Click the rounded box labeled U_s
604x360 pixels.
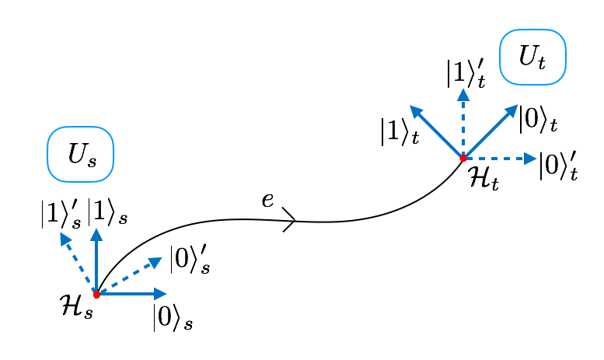click(x=80, y=154)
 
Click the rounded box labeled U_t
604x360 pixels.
click(x=532, y=57)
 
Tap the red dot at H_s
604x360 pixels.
click(x=96, y=295)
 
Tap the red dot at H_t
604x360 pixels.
click(x=463, y=159)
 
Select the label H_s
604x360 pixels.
click(x=76, y=306)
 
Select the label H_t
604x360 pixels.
click(x=483, y=179)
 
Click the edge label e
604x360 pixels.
click(x=267, y=200)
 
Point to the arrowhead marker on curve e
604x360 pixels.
click(x=290, y=220)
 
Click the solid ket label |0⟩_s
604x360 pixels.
click(x=172, y=317)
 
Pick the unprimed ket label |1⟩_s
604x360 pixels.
click(x=107, y=211)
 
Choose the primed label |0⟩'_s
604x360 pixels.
click(x=189, y=259)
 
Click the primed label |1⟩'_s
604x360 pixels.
click(x=61, y=213)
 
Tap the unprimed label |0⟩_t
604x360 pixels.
click(x=537, y=119)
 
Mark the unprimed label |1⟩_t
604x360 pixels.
click(x=400, y=131)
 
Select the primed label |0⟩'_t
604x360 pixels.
click(x=558, y=165)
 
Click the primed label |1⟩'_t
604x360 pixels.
click(x=466, y=73)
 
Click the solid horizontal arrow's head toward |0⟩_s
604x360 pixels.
click(x=161, y=294)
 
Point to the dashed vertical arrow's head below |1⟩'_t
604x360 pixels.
click(x=463, y=95)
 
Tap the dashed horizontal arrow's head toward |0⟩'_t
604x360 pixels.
click(x=531, y=159)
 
